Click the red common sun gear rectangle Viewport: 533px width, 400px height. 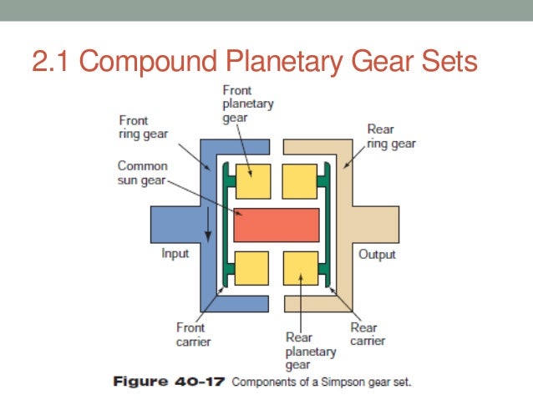pyautogui.click(x=277, y=225)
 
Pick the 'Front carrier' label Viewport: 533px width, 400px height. pyautogui.click(x=193, y=335)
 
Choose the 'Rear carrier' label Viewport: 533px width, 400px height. pyautogui.click(x=363, y=334)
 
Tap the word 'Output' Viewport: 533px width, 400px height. pyautogui.click(x=377, y=254)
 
